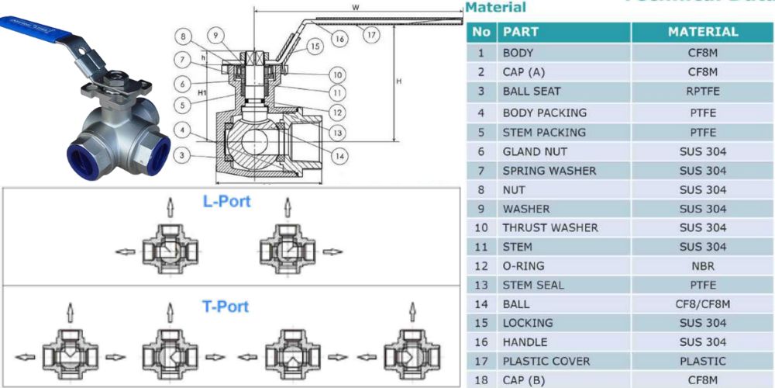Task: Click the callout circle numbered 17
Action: coord(373,34)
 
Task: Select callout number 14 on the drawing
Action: coord(339,156)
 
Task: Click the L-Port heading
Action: coord(226,202)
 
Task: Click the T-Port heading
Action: coord(226,307)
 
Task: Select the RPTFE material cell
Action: coord(702,91)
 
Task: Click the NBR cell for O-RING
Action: coord(702,265)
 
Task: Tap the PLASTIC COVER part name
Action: coord(546,361)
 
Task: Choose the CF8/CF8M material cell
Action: coord(702,304)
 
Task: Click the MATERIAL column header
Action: coord(702,32)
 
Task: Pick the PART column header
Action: coord(521,33)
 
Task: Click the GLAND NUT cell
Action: coord(535,151)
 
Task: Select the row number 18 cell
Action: coord(481,379)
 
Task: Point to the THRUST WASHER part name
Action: coord(550,227)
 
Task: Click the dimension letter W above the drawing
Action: coord(354,8)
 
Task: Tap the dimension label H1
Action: coord(181,92)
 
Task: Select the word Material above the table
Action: coord(495,8)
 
